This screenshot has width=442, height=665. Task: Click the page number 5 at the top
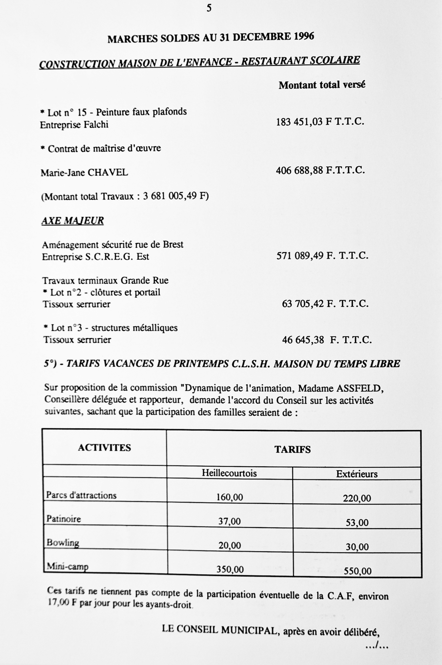pos(209,8)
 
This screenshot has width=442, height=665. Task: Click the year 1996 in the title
pos(304,37)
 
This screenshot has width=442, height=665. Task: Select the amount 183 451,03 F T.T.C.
pos(320,122)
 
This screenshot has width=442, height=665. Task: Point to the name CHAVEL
pos(108,173)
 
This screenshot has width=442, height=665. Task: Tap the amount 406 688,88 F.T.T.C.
pos(320,171)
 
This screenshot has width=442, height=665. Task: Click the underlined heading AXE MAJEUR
pos(73,221)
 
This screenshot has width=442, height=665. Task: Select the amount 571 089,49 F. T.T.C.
pos(322,256)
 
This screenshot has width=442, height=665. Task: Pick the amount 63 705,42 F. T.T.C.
pos(325,304)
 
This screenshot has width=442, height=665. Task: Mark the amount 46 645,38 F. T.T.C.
pos(327,340)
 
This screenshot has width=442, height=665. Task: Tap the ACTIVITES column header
pos(105,448)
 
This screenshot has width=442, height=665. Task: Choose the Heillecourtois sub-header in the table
pos(229,473)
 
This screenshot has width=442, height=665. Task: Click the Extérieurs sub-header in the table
pos(357,474)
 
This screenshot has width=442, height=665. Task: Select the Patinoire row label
pos(64,519)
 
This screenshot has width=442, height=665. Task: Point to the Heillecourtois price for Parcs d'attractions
pos(229,497)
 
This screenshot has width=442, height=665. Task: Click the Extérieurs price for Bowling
pos(357,547)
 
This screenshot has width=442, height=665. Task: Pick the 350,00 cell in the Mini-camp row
pos(230,569)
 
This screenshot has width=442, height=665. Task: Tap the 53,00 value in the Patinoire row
pos(357,522)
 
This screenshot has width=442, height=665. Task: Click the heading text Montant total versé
pos(322,85)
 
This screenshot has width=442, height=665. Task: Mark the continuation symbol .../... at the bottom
pos(377,647)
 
